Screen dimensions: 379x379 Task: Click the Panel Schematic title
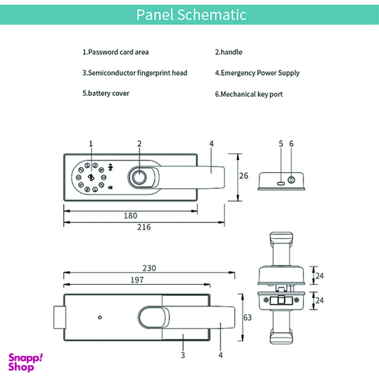pos(191,14)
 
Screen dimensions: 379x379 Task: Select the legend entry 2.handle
pos(229,52)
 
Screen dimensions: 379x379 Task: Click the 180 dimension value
pos(130,216)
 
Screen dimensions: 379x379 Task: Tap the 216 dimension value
pos(144,227)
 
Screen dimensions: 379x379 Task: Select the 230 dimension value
pos(149,268)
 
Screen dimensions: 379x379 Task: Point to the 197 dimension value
pos(137,280)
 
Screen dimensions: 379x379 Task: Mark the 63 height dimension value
pos(247,318)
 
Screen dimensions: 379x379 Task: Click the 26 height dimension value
pos(243,176)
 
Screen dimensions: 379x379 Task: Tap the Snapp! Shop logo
pos(26,363)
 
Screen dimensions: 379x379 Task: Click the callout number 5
pos(281,144)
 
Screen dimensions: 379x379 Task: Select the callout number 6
pos(291,144)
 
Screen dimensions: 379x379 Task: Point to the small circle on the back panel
pos(100,317)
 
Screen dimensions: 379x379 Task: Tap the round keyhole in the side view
pos(291,180)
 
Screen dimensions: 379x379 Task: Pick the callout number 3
pos(183,355)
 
